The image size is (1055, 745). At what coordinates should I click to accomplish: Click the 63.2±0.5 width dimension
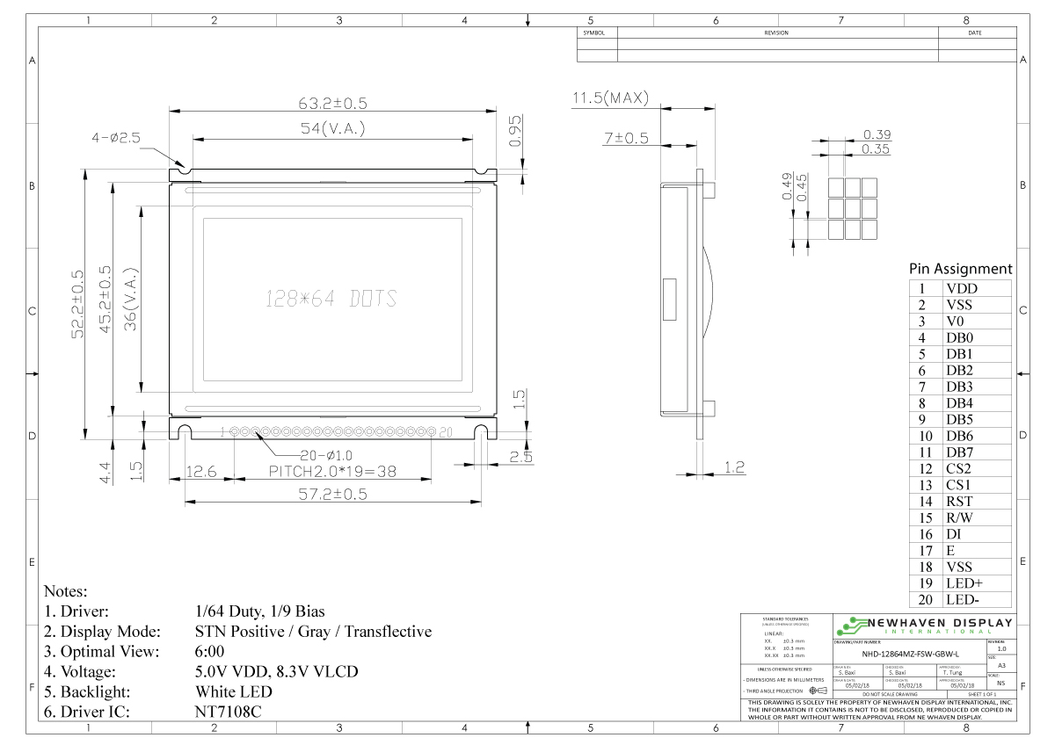click(x=332, y=104)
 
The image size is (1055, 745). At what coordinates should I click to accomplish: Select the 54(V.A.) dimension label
click(x=332, y=129)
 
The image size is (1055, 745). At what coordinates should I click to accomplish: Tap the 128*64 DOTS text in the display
click(x=331, y=298)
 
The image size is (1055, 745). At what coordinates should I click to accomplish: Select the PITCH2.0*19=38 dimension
click(x=332, y=473)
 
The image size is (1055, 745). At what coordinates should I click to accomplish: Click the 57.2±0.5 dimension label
click(x=332, y=495)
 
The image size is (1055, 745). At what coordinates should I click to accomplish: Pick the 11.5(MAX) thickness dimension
click(x=609, y=98)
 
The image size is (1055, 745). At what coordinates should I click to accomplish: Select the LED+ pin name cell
click(x=964, y=583)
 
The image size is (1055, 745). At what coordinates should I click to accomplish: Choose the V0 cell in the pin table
click(x=956, y=322)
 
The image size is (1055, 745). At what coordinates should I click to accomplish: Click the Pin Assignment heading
click(x=960, y=269)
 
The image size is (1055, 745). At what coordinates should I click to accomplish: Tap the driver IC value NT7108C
click(x=228, y=712)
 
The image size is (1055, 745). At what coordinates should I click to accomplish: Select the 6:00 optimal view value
click(x=210, y=651)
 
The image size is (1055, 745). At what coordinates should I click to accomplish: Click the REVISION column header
click(x=777, y=33)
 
